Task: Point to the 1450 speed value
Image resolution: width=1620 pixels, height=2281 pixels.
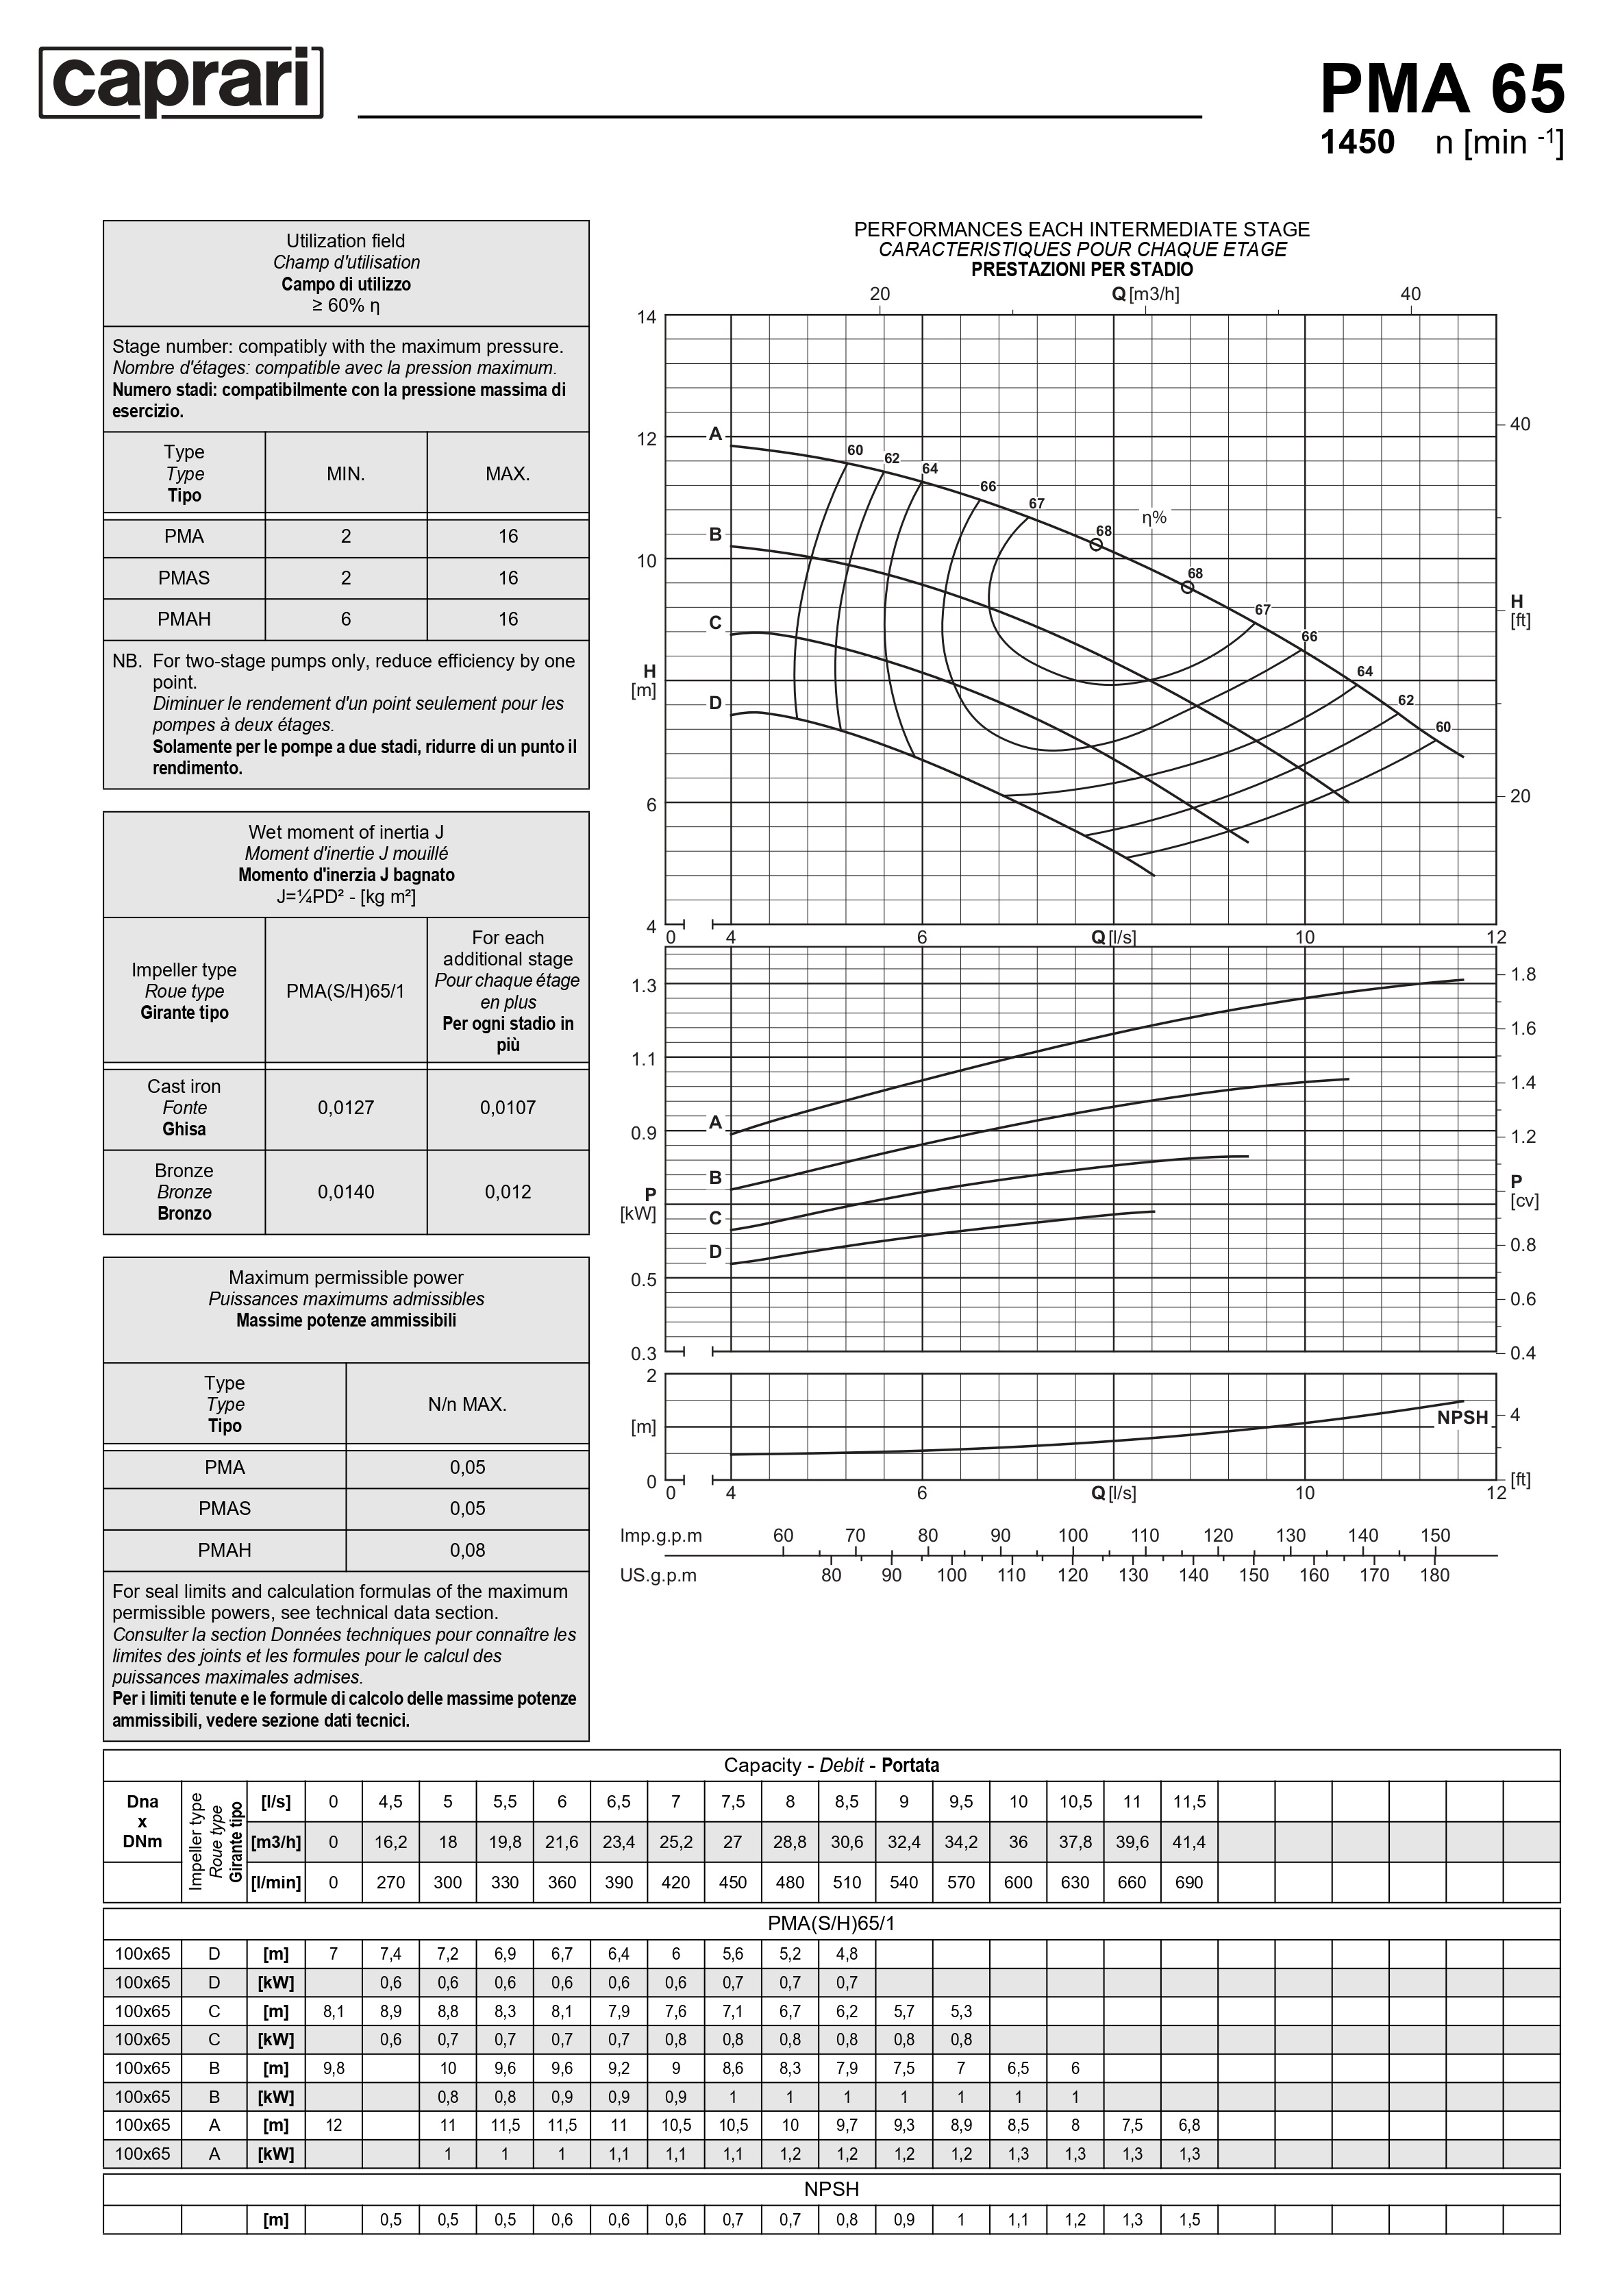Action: pyautogui.click(x=1357, y=143)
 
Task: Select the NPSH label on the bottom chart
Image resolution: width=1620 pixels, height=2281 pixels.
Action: pyautogui.click(x=1461, y=1418)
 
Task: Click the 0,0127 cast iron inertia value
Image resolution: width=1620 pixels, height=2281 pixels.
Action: pyautogui.click(x=346, y=1107)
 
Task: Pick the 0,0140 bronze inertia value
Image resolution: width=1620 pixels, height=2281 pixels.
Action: pyautogui.click(x=346, y=1192)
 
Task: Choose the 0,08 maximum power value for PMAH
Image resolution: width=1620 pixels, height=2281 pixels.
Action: pyautogui.click(x=467, y=1551)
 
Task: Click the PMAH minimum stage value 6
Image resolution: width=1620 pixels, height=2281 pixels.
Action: pyautogui.click(x=346, y=619)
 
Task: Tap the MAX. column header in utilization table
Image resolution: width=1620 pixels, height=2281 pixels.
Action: pyautogui.click(x=508, y=474)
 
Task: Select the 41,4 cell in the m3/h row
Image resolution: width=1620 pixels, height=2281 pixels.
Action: pyautogui.click(x=1189, y=1842)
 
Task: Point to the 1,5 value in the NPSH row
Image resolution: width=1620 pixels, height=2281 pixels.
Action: pyautogui.click(x=1189, y=2220)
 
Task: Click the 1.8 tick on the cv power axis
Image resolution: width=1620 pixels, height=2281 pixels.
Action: pyautogui.click(x=1522, y=975)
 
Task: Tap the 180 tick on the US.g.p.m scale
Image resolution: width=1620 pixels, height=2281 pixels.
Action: pyautogui.click(x=1434, y=1575)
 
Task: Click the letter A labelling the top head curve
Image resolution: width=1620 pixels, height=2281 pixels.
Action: pyautogui.click(x=715, y=434)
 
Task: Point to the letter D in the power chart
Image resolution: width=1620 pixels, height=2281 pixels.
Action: pyautogui.click(x=715, y=1253)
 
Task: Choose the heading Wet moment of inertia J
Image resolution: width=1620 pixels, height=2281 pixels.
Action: pyautogui.click(x=346, y=833)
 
